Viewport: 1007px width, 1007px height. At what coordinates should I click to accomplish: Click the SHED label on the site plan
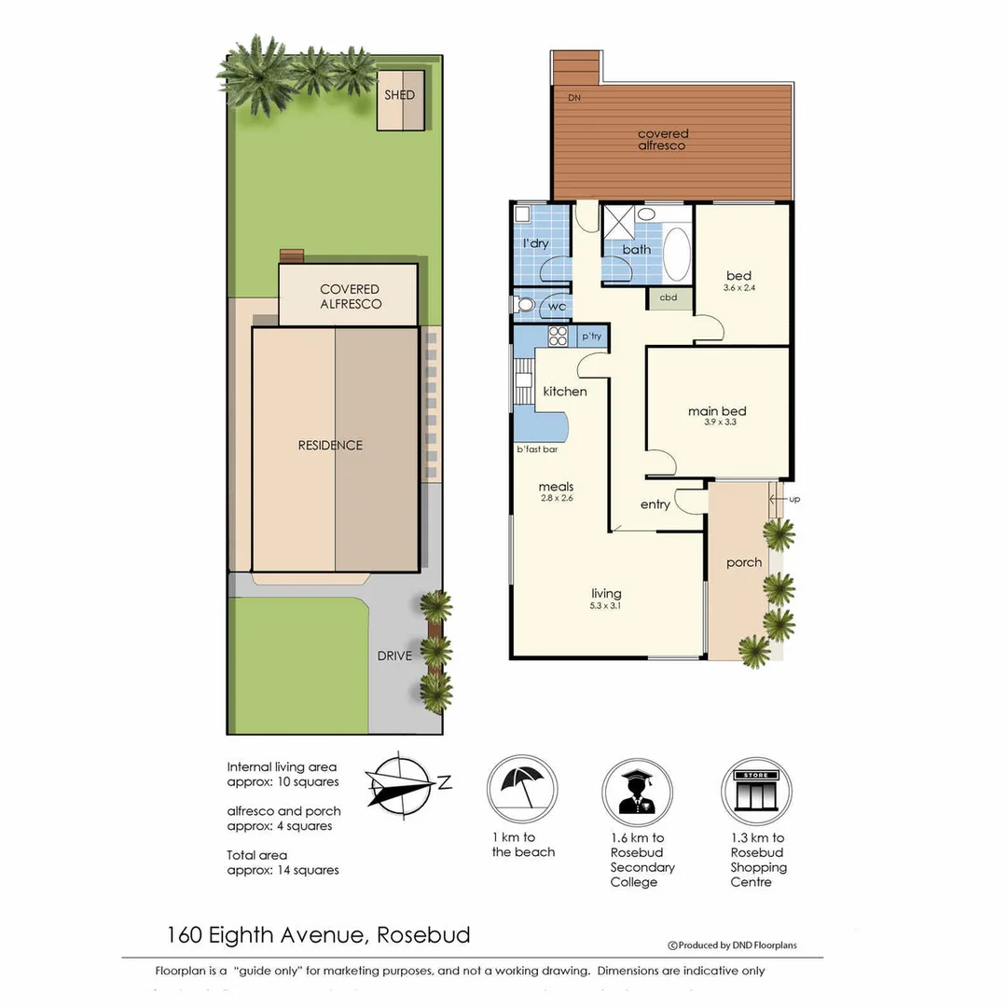pyautogui.click(x=400, y=95)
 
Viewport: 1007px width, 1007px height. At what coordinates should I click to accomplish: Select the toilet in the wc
pyautogui.click(x=524, y=305)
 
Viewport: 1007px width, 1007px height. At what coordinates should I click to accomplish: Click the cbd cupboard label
pyautogui.click(x=669, y=298)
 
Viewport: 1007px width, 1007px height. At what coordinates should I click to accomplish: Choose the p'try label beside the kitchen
pyautogui.click(x=591, y=336)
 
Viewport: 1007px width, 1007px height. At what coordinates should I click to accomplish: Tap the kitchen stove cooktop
pyautogui.click(x=559, y=336)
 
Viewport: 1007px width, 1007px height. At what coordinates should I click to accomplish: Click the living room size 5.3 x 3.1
pyautogui.click(x=606, y=606)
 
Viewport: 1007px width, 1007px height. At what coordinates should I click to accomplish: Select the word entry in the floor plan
pyautogui.click(x=655, y=504)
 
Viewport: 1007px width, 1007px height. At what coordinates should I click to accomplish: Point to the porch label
pyautogui.click(x=744, y=562)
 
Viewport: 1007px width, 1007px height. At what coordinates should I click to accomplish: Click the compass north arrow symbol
pyautogui.click(x=401, y=784)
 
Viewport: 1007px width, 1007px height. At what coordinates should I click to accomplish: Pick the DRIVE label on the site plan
pyautogui.click(x=394, y=655)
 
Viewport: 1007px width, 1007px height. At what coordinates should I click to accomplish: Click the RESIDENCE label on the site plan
pyautogui.click(x=330, y=446)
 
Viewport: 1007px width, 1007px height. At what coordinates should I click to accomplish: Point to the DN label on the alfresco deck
pyautogui.click(x=574, y=98)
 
